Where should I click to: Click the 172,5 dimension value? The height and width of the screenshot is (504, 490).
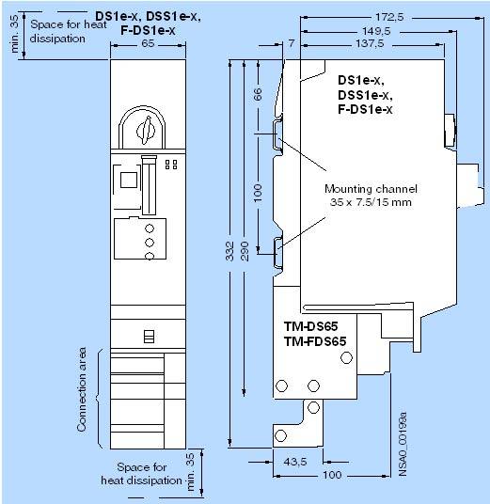point(389,17)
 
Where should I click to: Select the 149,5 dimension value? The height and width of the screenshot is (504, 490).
point(376,31)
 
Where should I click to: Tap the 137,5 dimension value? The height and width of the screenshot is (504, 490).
point(370,43)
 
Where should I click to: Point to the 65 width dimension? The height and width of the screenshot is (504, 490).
point(148,43)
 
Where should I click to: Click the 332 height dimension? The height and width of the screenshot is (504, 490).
point(229,251)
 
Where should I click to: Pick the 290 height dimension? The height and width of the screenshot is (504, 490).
point(245,251)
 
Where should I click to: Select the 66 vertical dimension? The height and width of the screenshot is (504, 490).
point(259,94)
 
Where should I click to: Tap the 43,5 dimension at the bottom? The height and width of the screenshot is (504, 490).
point(295,463)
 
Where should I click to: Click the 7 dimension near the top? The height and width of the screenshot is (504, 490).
point(291,43)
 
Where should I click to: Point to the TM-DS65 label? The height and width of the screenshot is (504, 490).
point(310,326)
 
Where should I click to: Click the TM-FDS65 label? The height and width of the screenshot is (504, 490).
point(315,341)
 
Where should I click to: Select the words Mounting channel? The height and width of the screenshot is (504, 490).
point(371,189)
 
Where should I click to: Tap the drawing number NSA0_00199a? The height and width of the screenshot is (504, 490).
point(403,444)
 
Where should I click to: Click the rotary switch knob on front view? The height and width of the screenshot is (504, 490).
point(146,131)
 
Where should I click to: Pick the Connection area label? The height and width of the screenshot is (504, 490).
point(82,389)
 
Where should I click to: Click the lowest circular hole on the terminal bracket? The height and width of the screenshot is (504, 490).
point(280,436)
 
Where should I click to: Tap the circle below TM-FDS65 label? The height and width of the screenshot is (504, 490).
point(346,357)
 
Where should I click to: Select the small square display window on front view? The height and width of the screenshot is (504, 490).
point(129,180)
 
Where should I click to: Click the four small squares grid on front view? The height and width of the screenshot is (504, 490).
point(171,165)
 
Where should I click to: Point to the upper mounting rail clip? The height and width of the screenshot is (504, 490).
point(277,134)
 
